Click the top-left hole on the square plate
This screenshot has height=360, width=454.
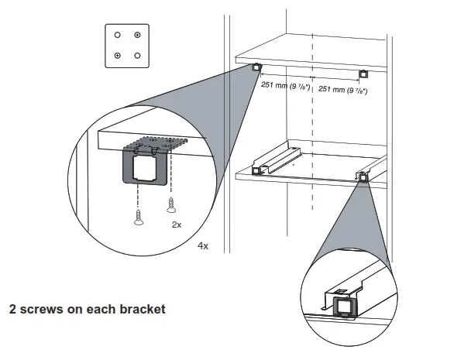[x=117, y=35]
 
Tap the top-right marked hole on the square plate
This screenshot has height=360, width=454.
[x=137, y=35]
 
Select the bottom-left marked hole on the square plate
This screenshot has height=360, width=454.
[x=117, y=55]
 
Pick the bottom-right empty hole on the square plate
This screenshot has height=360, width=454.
[x=137, y=55]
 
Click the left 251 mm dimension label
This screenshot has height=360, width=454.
[x=285, y=87]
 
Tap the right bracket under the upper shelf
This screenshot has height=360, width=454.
[x=363, y=74]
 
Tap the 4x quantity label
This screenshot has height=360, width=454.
[x=203, y=245]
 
